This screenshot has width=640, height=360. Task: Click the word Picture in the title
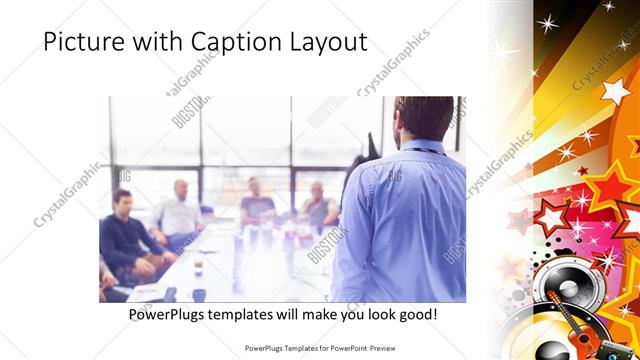[84, 42]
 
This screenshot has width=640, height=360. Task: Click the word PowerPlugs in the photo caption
[171, 314]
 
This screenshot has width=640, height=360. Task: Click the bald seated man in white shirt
[181, 210]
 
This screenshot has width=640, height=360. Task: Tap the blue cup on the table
[199, 295]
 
